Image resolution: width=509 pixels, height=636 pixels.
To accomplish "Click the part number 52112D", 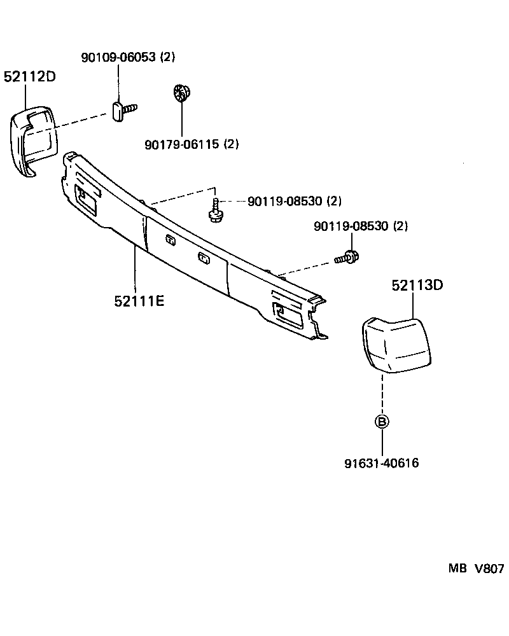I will tap(30, 77).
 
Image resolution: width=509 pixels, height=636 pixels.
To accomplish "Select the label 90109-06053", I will tap(118, 57).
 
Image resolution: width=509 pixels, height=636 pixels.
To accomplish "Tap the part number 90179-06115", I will tap(181, 144).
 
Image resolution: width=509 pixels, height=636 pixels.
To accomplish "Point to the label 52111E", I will tap(139, 300).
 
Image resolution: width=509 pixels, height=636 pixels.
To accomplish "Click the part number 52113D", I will tap(417, 286).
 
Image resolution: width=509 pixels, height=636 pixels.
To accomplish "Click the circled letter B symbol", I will tap(381, 421).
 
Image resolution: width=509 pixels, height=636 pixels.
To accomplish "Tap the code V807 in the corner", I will tap(488, 569).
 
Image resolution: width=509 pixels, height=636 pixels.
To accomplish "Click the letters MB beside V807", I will tap(457, 569).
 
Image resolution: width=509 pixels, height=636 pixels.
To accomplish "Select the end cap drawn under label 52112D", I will tap(32, 140).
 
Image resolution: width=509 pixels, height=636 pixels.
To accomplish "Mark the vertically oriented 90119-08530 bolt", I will tap(216, 211).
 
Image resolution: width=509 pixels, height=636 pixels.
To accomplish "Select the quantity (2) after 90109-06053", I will tap(167, 57).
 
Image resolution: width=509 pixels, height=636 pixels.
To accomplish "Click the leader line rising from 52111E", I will tap(135, 270).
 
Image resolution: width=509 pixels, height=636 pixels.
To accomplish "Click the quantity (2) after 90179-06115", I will tap(230, 144).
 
